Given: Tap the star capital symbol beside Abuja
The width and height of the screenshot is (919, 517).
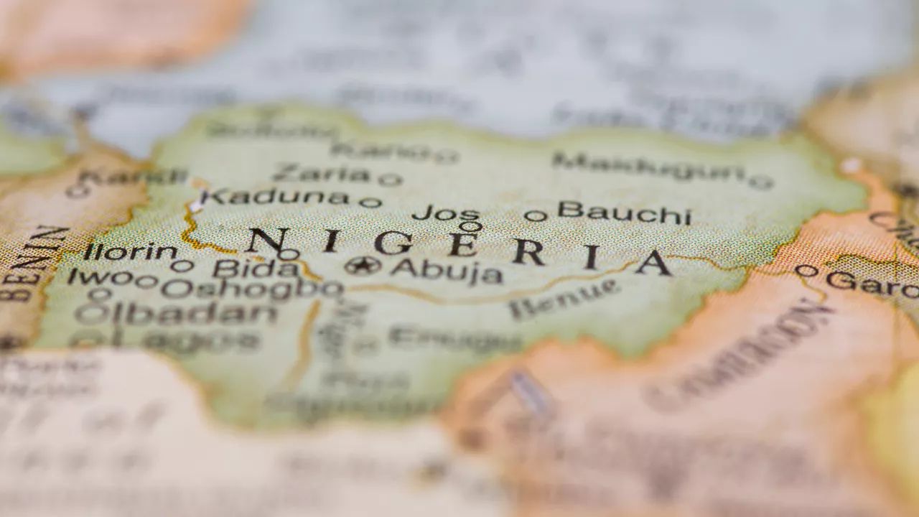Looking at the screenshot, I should (x=363, y=266).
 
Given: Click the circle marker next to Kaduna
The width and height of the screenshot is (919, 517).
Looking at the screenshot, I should (x=370, y=202).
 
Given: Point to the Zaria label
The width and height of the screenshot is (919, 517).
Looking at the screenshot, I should (x=321, y=173).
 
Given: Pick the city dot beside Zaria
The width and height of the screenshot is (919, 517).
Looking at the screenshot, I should (x=390, y=180).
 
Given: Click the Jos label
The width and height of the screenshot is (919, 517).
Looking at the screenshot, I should (x=446, y=213).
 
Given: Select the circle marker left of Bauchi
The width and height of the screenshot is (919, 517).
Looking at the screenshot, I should (x=535, y=215).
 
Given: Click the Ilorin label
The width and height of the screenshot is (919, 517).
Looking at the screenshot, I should (x=130, y=251).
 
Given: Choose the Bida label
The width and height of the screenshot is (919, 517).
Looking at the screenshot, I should (x=256, y=269).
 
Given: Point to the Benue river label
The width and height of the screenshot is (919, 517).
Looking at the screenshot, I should (x=564, y=299).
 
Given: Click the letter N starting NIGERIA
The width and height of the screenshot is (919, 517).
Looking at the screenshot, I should (x=267, y=241).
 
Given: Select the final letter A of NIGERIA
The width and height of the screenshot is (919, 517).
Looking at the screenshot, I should (x=653, y=263).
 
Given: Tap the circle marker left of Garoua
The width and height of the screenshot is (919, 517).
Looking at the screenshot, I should (x=806, y=271).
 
